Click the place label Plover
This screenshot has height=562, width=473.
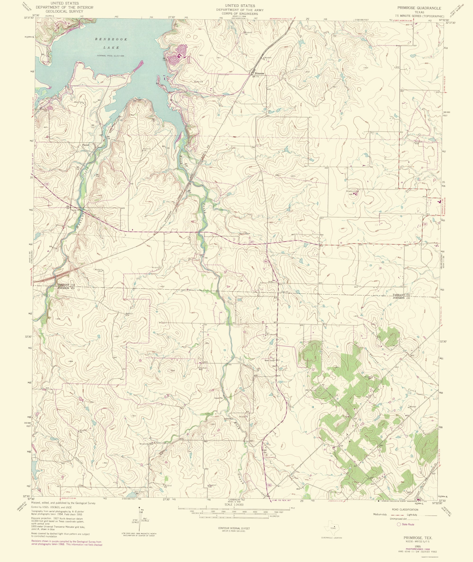86,145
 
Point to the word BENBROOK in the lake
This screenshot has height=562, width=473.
111,39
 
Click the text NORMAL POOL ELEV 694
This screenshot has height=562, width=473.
112,56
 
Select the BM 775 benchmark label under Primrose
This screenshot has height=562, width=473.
255,77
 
